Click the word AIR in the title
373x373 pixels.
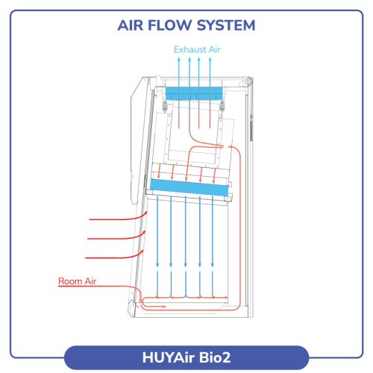tap(131, 25)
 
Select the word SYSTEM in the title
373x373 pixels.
tap(226, 25)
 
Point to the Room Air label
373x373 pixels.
tap(77, 281)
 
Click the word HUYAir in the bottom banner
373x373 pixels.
tap(169, 357)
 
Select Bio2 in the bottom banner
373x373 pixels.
tap(215, 357)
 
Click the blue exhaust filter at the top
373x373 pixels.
tap(194, 93)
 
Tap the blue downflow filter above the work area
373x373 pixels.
tap(189, 187)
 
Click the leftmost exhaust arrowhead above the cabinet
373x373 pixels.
tap(179, 59)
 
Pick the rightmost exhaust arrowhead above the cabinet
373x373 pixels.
tap(210, 59)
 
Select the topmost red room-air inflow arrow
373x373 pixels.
tap(118, 217)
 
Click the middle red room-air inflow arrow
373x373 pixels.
tap(116, 236)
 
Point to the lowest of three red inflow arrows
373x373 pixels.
tap(114, 256)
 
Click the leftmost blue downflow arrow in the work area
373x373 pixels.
tap(157, 231)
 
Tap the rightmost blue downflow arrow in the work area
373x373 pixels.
tap(213, 231)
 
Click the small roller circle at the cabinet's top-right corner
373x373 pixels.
tap(248, 81)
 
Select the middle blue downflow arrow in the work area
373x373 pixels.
tap(185, 231)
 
